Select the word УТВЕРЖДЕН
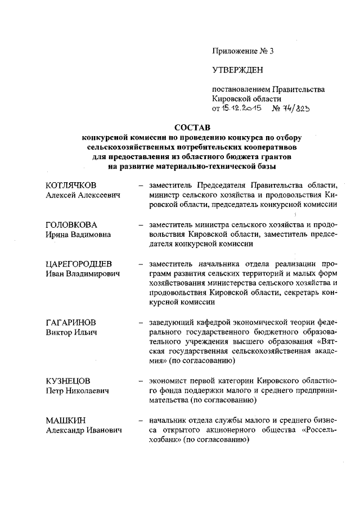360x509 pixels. [237, 70]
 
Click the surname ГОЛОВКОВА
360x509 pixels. [70, 225]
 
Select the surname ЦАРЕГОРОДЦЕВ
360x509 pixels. [79, 264]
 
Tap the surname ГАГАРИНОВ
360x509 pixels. [70, 323]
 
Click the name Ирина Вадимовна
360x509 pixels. [78, 235]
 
